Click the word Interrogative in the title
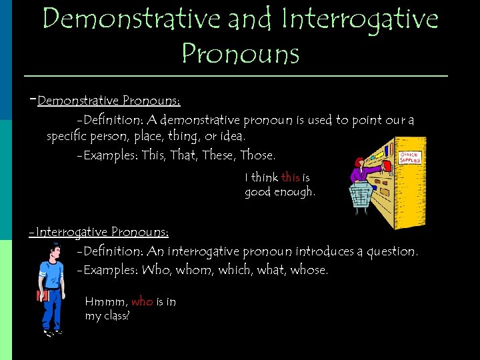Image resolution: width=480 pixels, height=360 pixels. [x=361, y=20]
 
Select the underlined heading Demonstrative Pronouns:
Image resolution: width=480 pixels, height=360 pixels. [x=109, y=101]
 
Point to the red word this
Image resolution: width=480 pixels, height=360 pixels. [x=291, y=177]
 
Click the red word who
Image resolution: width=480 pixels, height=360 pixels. [x=142, y=302]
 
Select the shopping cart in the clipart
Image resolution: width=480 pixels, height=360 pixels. [x=361, y=195]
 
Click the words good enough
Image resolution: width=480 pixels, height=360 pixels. [x=279, y=192]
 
